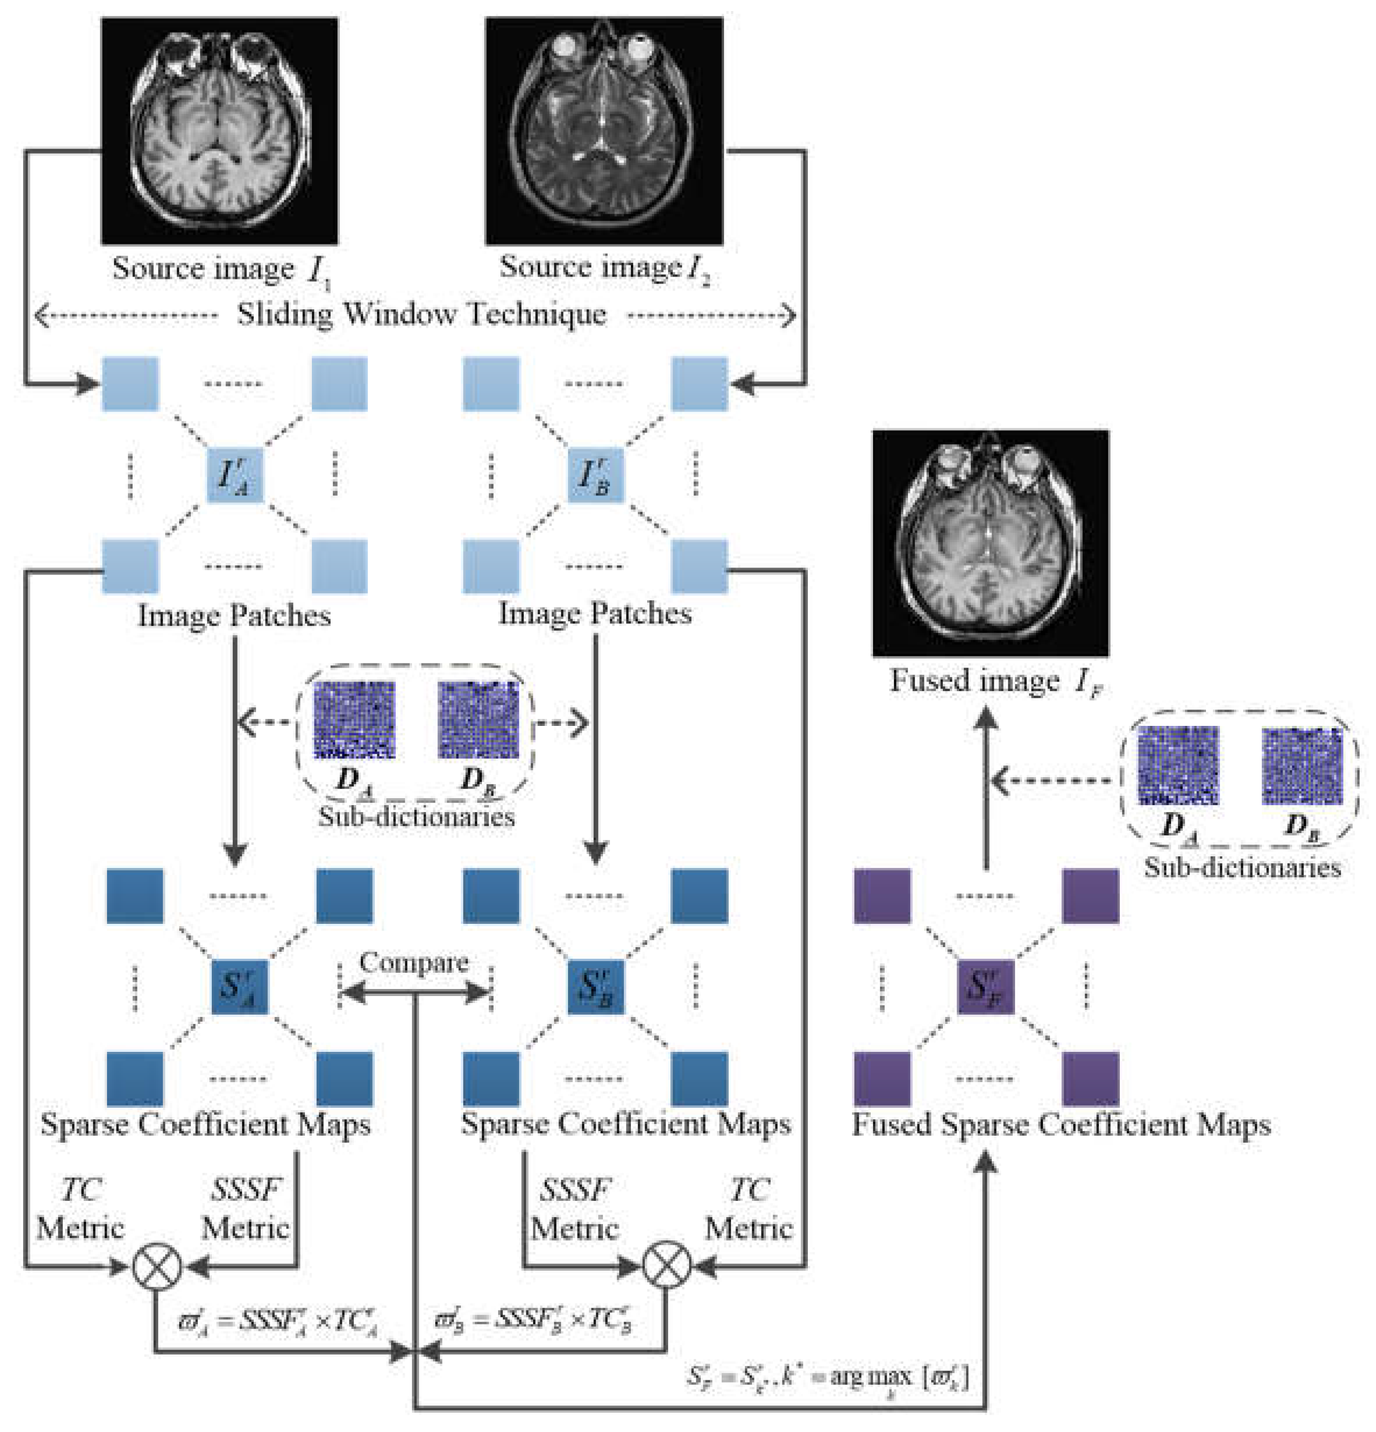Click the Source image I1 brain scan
click(219, 132)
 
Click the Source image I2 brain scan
click(604, 132)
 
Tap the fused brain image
click(990, 543)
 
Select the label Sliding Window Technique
click(421, 316)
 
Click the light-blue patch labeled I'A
click(235, 476)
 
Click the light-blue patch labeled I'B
click(595, 476)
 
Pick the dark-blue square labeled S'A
click(240, 987)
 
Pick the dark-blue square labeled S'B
click(595, 987)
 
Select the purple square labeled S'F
click(985, 987)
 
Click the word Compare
click(413, 963)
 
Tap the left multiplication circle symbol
click(157, 1266)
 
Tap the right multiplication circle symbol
click(666, 1266)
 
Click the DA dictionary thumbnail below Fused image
click(1178, 765)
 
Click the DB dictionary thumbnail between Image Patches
click(478, 719)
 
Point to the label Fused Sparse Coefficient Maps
click(1061, 1125)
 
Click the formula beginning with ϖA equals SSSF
click(278, 1320)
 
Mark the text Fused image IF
click(995, 682)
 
